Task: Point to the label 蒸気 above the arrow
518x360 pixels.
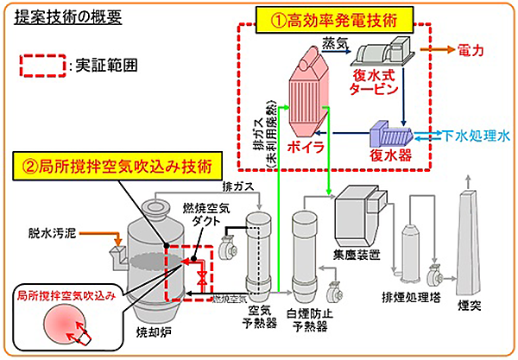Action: (x=333, y=41)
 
